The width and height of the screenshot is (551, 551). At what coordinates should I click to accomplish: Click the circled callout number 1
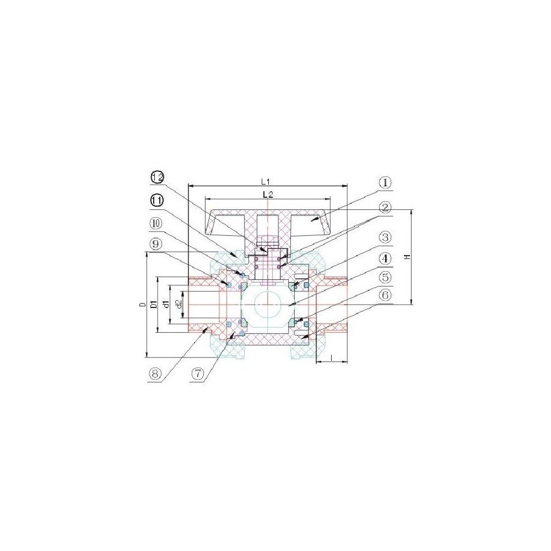point(385,183)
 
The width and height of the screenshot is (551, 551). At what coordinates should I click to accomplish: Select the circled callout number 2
point(385,208)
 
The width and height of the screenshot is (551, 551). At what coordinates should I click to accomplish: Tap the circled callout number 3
point(385,237)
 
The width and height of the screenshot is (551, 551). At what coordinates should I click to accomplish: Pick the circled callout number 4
point(385,259)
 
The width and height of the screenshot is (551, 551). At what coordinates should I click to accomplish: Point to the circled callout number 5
point(385,278)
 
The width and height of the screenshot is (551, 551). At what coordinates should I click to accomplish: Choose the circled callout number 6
point(385,295)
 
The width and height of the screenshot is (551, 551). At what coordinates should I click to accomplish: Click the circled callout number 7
point(198,374)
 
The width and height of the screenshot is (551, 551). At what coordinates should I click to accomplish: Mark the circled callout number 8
point(155,374)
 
